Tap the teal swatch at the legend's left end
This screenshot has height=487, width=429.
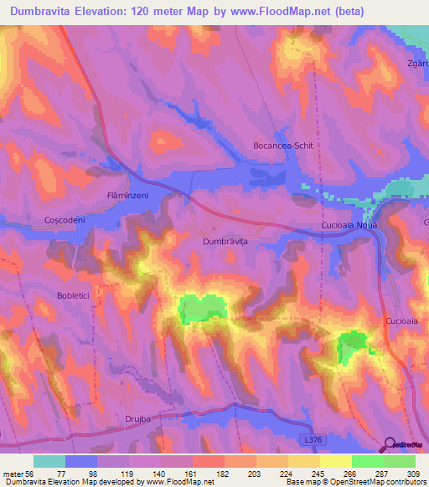point(49,461)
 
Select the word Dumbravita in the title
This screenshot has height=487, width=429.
point(48,12)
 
